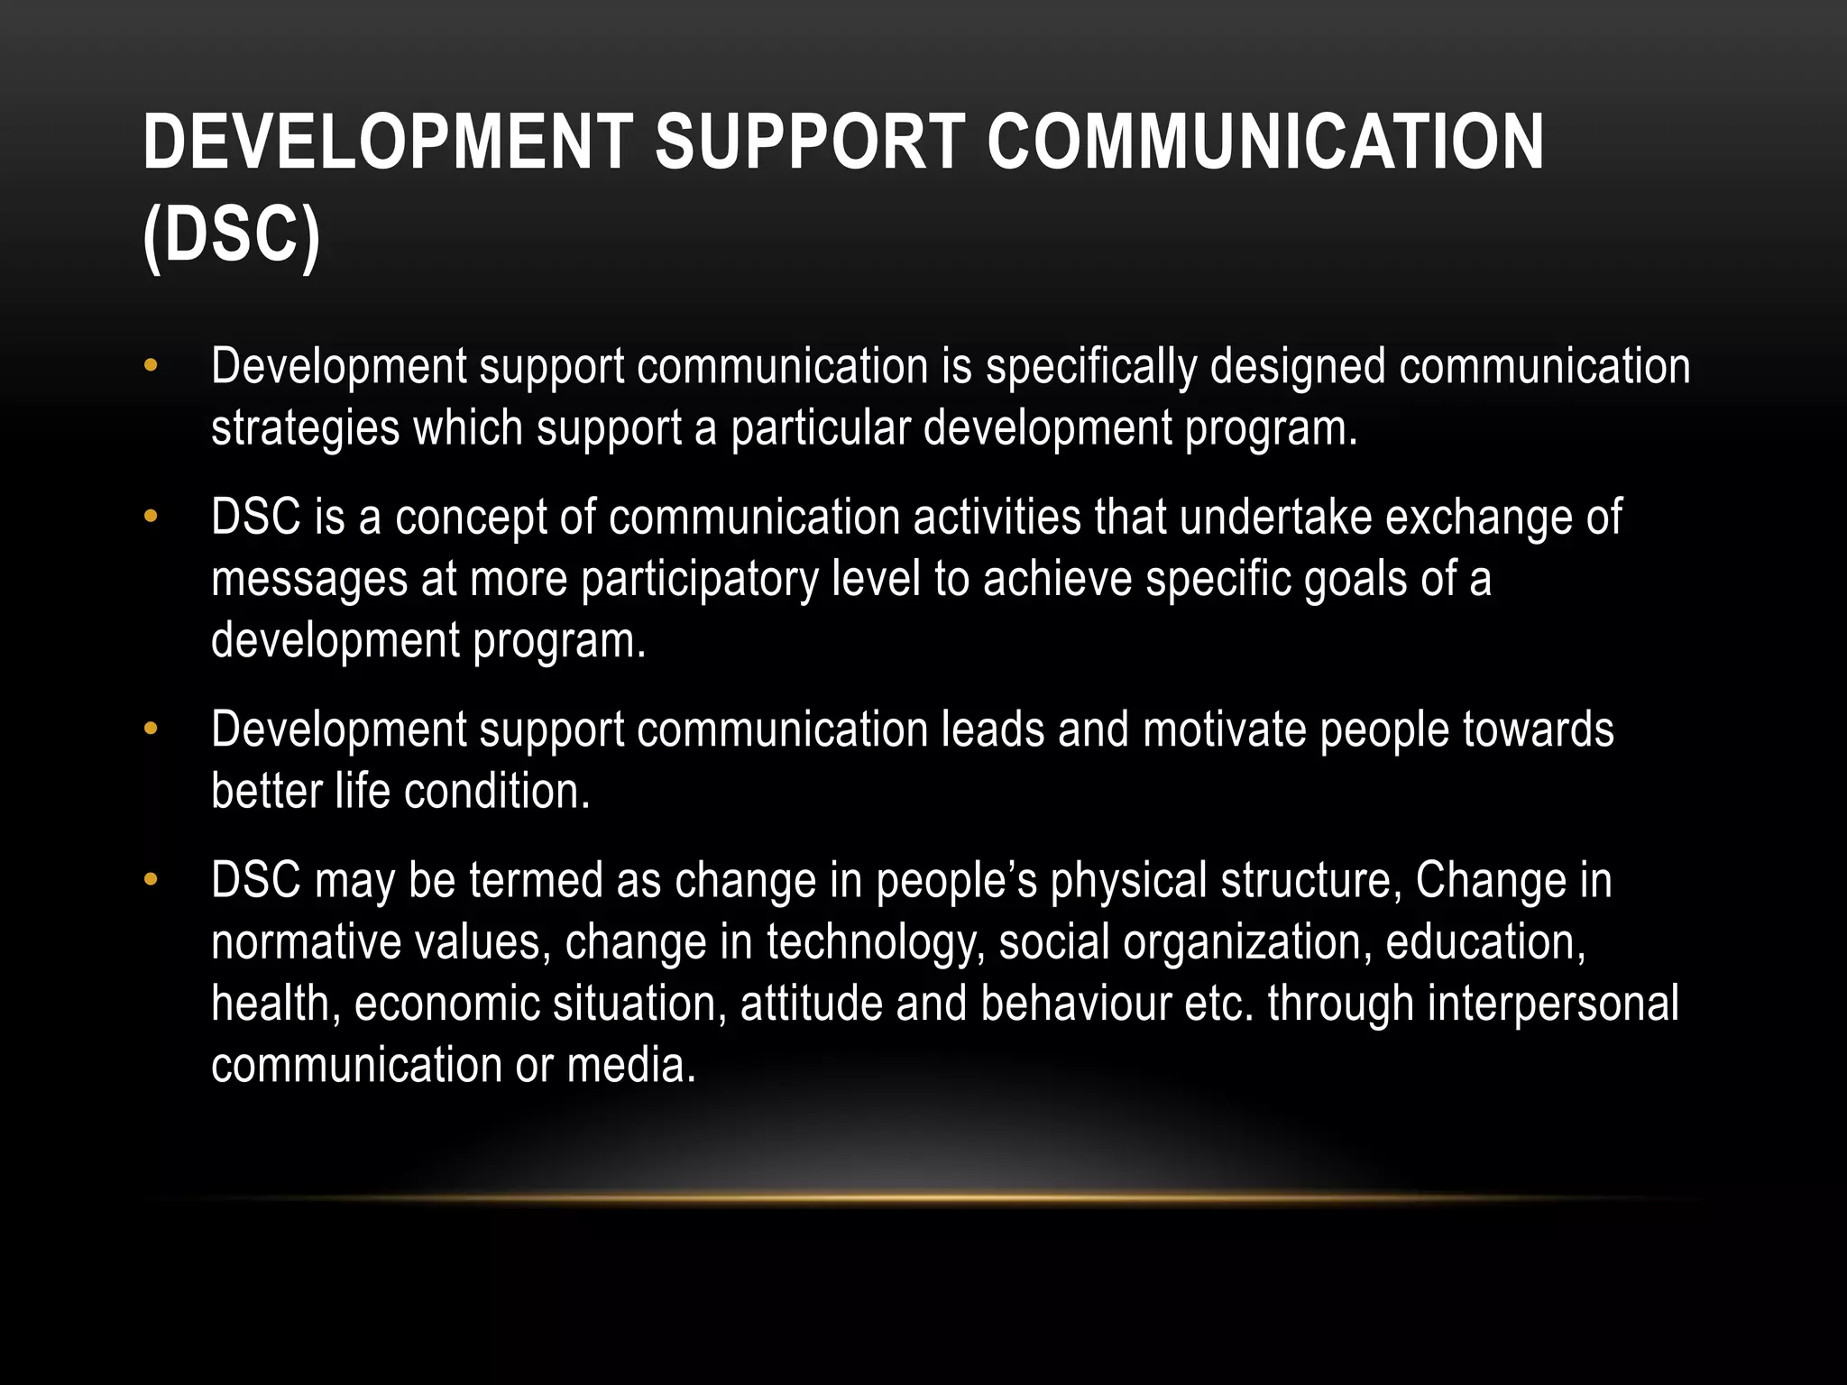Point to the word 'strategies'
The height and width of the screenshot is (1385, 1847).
[305, 429]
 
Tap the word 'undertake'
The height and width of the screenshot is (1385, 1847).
[1274, 518]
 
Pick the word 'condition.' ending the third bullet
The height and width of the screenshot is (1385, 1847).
[497, 792]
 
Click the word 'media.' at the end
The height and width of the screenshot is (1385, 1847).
[631, 1066]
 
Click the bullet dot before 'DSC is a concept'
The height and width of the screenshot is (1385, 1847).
[151, 518]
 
